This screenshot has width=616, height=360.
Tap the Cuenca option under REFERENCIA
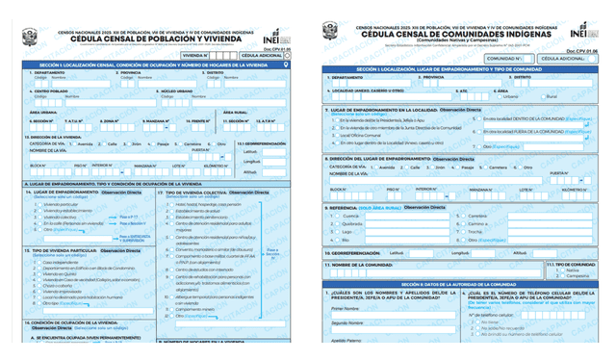click(333, 216)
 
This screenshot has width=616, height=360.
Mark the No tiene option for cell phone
click(475, 323)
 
